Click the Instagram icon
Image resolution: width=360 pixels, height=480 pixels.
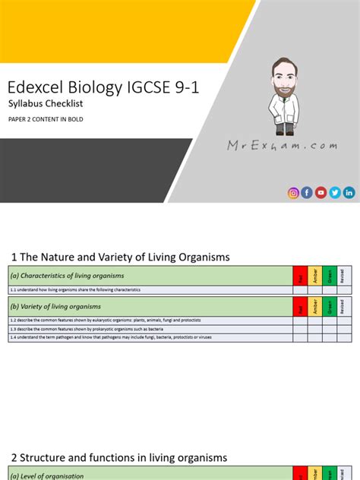pyautogui.click(x=293, y=193)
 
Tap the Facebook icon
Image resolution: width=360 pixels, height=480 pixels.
pyautogui.click(x=307, y=193)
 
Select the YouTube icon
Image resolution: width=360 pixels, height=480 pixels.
pyautogui.click(x=321, y=193)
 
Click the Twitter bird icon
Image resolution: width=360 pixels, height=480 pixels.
pyautogui.click(x=335, y=193)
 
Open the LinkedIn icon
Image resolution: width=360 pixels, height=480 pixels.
pyautogui.click(x=349, y=193)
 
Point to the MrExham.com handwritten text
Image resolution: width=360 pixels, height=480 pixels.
pyautogui.click(x=282, y=145)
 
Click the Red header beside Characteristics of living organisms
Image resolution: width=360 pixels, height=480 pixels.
pyautogui.click(x=300, y=276)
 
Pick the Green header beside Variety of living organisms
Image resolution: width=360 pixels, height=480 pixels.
pyautogui.click(x=330, y=307)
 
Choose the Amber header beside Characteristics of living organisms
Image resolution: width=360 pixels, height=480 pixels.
pyautogui.click(x=314, y=276)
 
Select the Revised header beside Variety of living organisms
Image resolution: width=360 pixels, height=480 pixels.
pyautogui.click(x=344, y=307)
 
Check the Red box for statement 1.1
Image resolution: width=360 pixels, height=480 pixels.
pyautogui.click(x=300, y=290)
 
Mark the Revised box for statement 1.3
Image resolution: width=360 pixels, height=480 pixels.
pyautogui.click(x=344, y=329)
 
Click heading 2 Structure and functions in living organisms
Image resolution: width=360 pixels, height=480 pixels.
pyautogui.click(x=118, y=457)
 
